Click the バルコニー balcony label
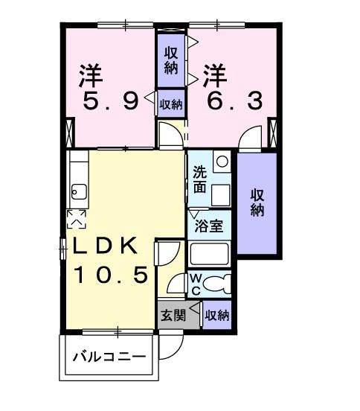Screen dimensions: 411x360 [109, 356]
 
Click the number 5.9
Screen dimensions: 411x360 [111, 101]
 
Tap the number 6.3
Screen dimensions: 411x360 [234, 101]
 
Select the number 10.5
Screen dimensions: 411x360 [115, 275]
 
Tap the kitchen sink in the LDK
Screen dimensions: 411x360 [78, 193]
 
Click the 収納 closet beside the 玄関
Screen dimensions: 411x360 [216, 315]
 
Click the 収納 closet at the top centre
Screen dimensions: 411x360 [170, 58]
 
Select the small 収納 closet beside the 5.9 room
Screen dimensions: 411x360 [170, 103]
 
